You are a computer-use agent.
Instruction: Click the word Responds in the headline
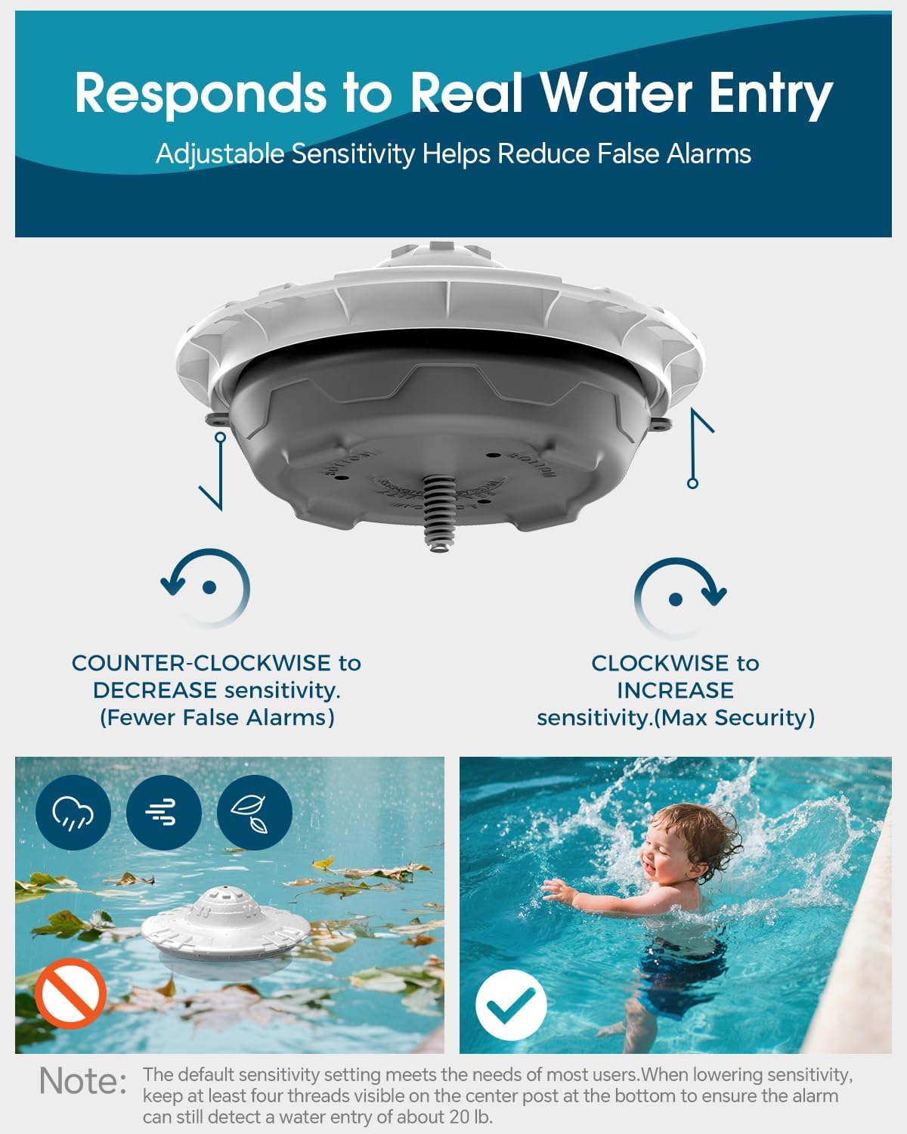pos(200,94)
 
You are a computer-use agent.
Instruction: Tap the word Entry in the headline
pos(770,94)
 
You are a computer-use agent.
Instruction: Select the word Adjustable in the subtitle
pos(219,154)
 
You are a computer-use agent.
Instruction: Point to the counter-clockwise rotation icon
pos(206,587)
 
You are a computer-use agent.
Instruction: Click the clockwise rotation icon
pos(678,597)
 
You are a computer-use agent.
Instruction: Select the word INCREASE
pos(675,690)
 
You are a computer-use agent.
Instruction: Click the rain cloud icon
pos(73,813)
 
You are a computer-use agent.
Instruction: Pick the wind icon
pos(163,813)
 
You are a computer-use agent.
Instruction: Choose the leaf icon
pos(254,813)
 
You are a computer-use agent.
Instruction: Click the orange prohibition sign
pos(71,993)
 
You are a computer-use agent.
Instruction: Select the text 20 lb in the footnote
pos(467,1117)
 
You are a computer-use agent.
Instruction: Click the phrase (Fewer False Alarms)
pos(217,717)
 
